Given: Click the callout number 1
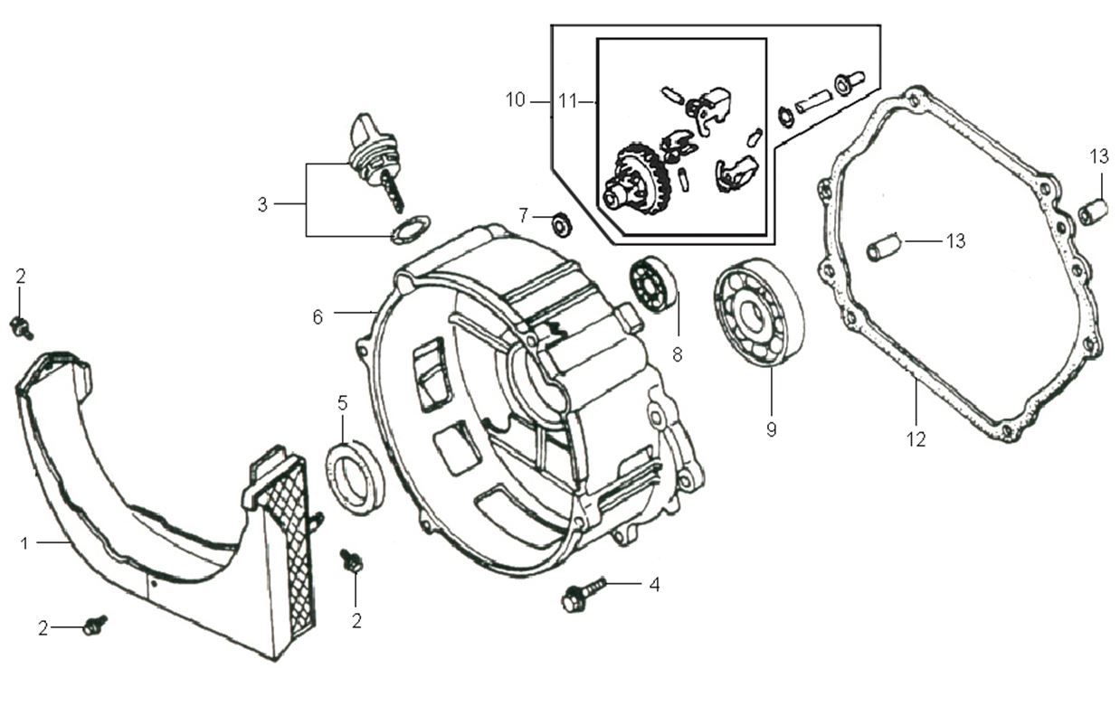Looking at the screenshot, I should pyautogui.click(x=25, y=542).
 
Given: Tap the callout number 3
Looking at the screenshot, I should pyautogui.click(x=262, y=204).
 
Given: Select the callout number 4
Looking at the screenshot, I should pyautogui.click(x=653, y=585).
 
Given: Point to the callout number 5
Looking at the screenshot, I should pyautogui.click(x=342, y=403).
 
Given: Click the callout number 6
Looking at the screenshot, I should pyautogui.click(x=318, y=316).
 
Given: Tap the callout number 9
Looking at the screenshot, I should pyautogui.click(x=771, y=429).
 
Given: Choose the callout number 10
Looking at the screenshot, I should pyautogui.click(x=515, y=99).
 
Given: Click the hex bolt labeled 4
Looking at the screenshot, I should pyautogui.click(x=576, y=597).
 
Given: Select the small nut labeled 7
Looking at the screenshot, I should pyautogui.click(x=561, y=223).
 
